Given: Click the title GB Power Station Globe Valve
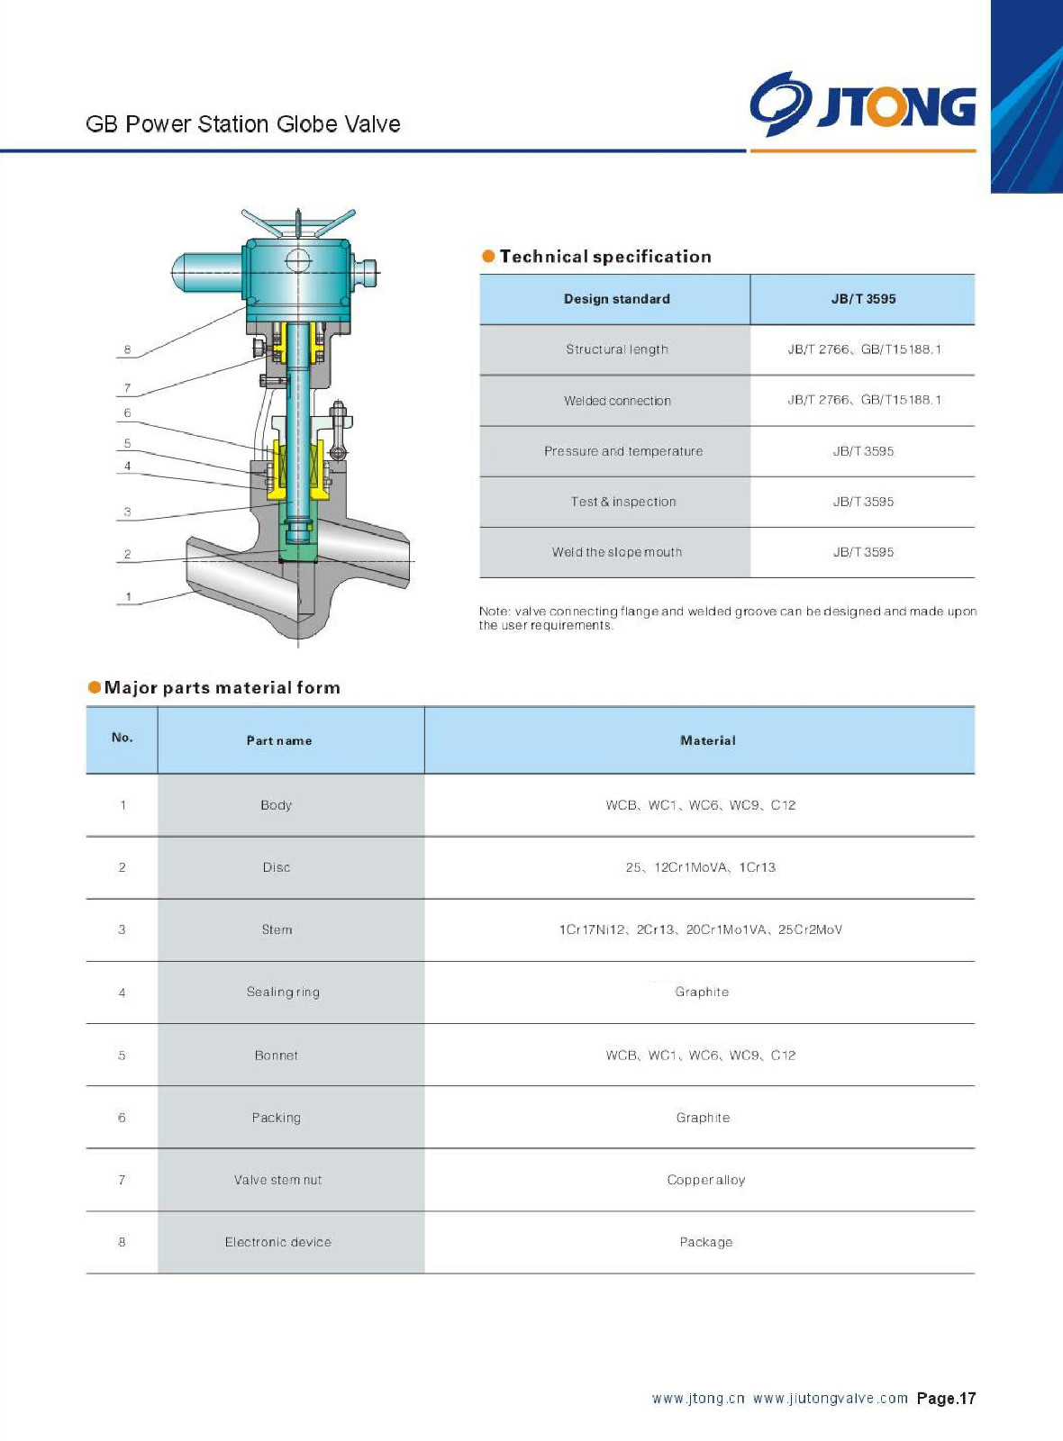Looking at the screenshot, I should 243,124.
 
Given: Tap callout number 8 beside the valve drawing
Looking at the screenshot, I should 127,349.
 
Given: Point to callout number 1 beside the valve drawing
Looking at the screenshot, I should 129,596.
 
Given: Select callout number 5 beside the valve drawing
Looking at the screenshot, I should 127,443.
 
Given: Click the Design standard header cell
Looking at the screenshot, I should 616,299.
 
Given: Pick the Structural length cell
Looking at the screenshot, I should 616,349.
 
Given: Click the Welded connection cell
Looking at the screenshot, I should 616,401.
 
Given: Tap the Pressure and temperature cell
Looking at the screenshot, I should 622,451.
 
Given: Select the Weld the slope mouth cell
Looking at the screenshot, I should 616,552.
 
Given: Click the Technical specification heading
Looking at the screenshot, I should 604,257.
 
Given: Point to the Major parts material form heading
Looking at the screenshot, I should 222,688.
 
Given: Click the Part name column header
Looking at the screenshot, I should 279,740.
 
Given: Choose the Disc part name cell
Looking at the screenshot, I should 277,867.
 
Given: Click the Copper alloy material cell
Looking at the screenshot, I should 705,1180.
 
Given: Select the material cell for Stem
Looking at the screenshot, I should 700,929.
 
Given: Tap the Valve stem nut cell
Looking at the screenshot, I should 277,1180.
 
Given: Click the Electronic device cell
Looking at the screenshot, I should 277,1242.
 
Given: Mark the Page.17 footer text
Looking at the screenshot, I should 946,1399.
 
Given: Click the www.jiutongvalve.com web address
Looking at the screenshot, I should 830,1399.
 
